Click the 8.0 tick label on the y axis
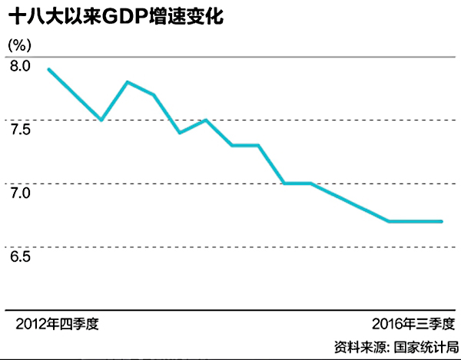(x=20, y=66)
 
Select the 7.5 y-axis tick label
(x=20, y=128)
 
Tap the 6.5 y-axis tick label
(x=20, y=256)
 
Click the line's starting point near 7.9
(x=48, y=69)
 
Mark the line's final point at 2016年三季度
(x=443, y=221)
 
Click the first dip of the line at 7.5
(x=101, y=120)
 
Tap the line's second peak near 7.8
(x=128, y=82)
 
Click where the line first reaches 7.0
(x=284, y=183)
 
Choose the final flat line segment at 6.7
(x=416, y=221)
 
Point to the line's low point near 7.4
(x=180, y=133)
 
